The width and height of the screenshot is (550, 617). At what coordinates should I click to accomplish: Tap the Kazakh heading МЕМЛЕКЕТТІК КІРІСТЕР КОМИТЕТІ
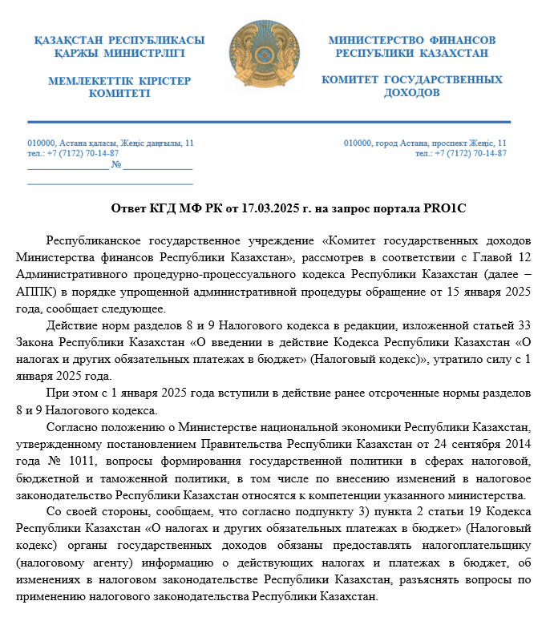119,87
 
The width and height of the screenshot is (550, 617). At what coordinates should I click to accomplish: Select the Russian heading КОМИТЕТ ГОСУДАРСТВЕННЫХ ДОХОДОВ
412,86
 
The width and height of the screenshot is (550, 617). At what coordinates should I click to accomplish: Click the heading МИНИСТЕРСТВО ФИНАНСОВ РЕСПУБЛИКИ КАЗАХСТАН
412,46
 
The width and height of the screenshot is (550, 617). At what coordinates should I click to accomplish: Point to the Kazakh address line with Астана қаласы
111,143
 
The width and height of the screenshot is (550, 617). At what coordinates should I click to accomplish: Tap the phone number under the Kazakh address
73,153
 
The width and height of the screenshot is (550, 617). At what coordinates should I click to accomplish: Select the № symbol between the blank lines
116,165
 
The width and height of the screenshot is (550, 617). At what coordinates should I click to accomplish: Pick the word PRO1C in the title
447,208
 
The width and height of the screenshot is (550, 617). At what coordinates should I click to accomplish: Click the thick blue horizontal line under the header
269,122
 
